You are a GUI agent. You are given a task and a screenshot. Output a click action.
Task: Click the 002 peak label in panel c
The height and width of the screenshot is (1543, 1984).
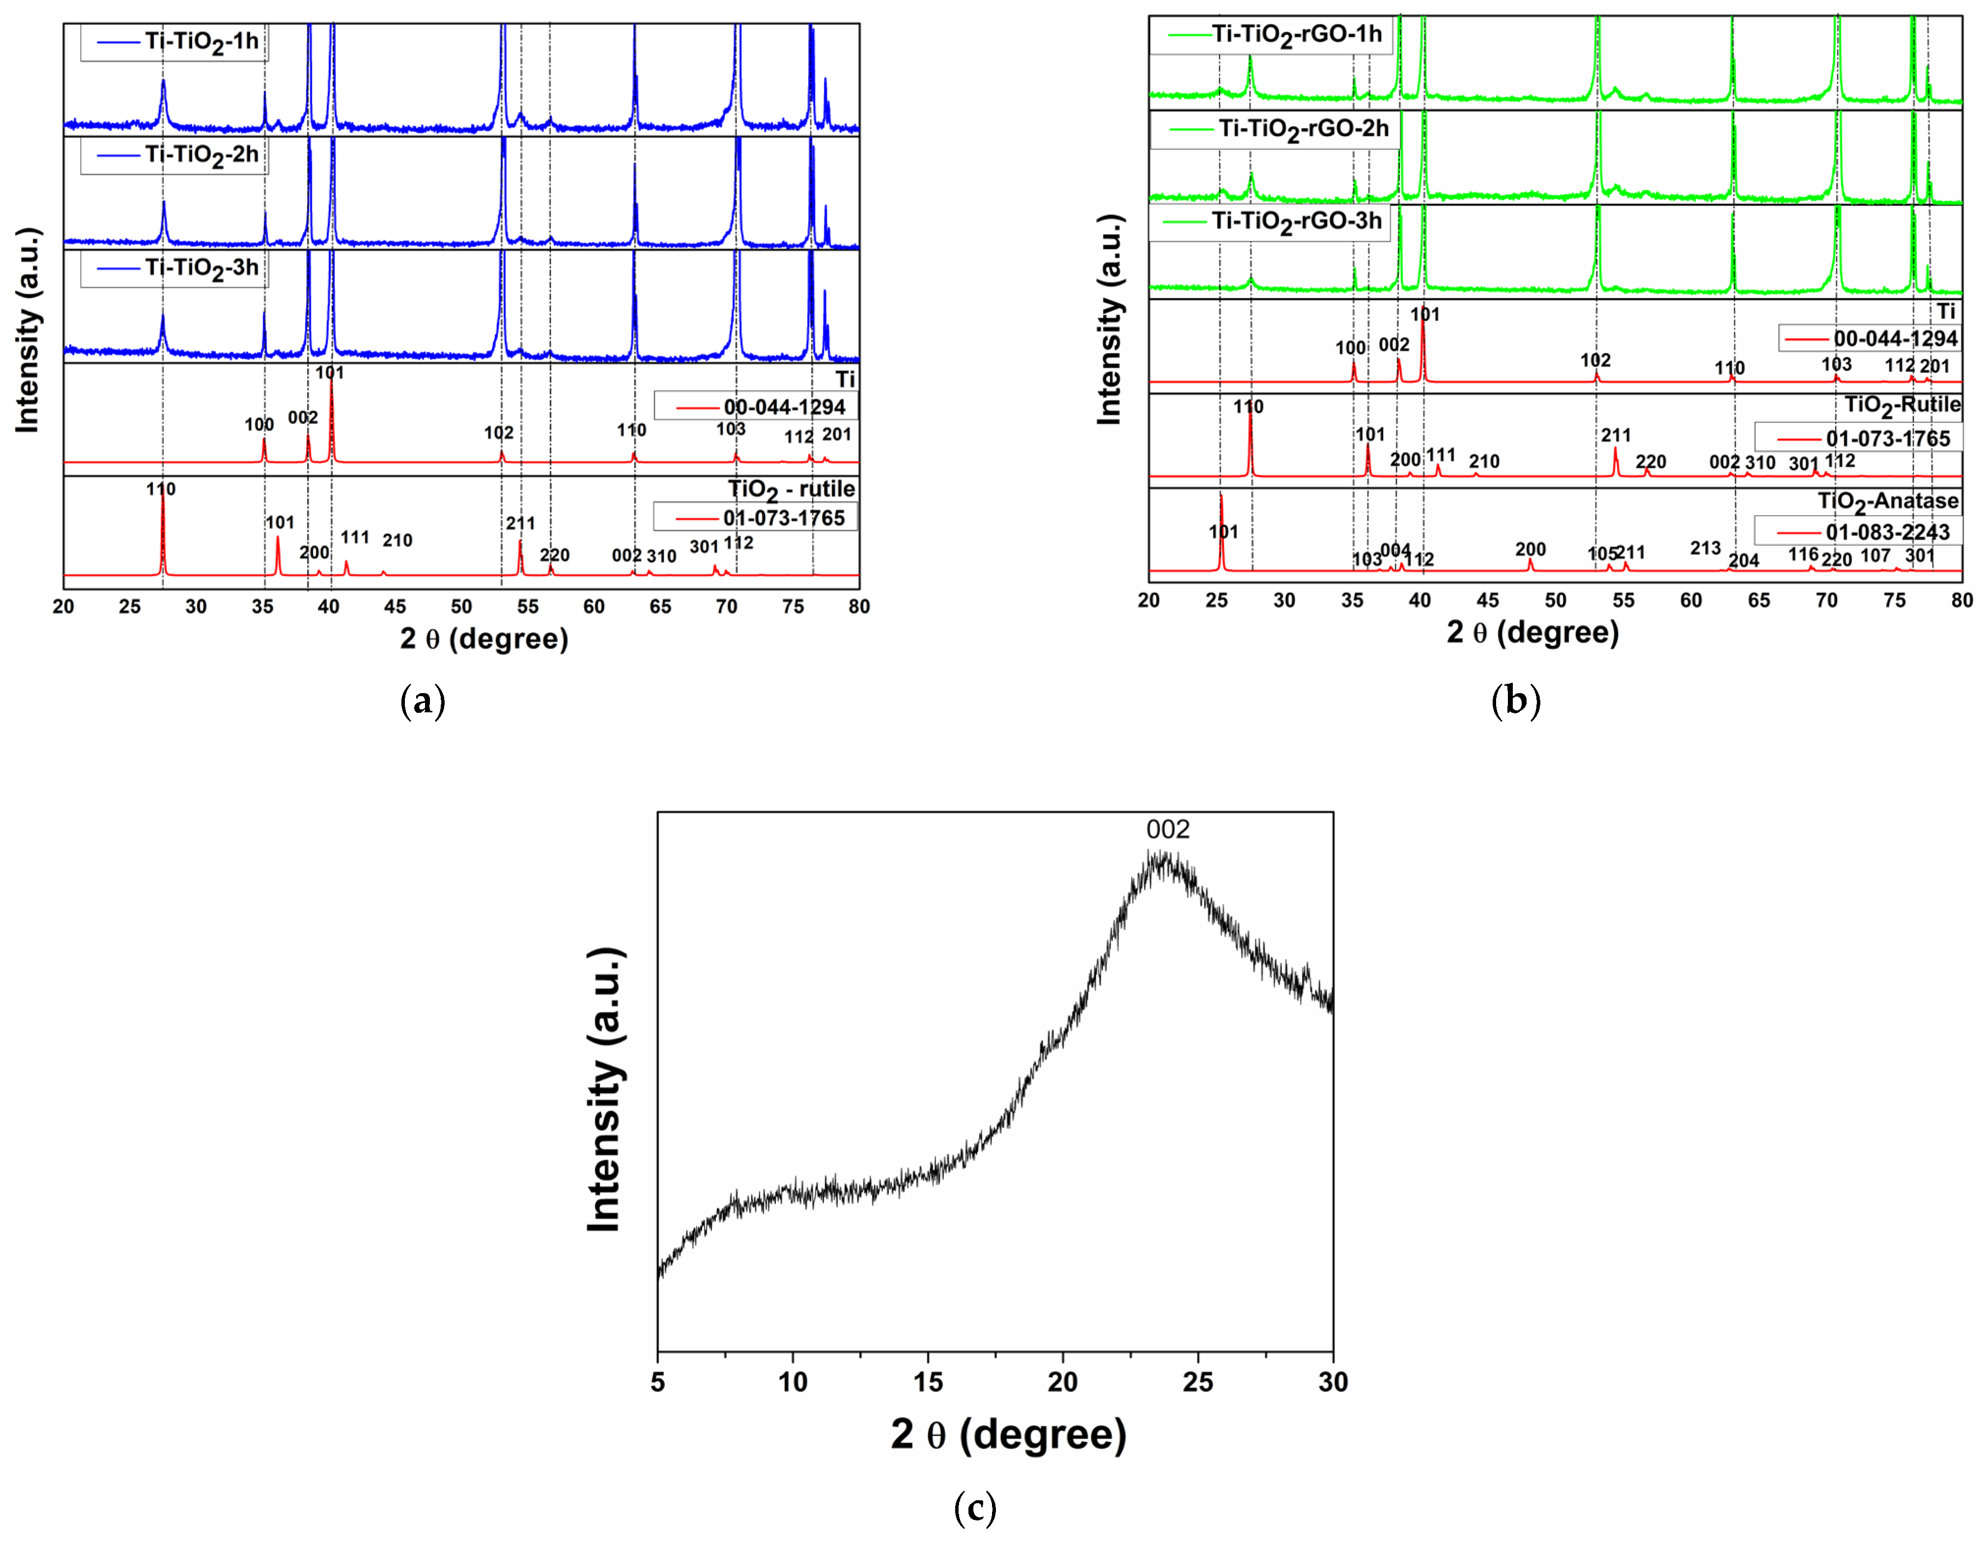click(x=1167, y=829)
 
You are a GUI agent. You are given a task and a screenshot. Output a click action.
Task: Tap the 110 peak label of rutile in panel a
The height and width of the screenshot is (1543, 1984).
click(x=161, y=489)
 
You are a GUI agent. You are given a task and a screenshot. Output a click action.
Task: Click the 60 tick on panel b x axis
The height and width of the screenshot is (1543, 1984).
click(x=1691, y=600)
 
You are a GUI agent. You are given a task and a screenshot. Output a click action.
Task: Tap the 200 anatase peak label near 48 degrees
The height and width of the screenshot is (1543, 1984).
click(x=1530, y=549)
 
